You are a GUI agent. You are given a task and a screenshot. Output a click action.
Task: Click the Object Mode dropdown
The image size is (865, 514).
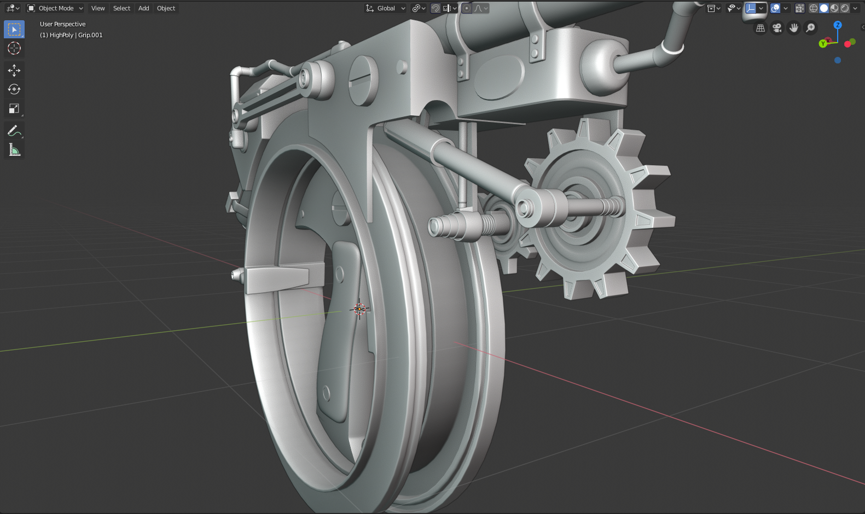[x=55, y=8]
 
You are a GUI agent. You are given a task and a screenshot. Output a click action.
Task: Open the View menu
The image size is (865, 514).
[x=98, y=8]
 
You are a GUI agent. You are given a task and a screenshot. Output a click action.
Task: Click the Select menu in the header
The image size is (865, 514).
[x=121, y=8]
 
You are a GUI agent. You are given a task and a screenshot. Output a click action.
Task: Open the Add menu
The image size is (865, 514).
[x=143, y=8]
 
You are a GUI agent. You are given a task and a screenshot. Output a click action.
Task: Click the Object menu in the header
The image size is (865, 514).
[x=166, y=8]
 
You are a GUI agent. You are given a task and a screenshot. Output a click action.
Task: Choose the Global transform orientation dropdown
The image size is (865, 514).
[x=386, y=8]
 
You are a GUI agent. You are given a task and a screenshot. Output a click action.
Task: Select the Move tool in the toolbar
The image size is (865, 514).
[x=14, y=70]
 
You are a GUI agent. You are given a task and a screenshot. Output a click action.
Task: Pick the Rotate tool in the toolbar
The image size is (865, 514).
[x=14, y=89]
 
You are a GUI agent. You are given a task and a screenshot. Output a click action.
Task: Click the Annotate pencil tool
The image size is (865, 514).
[x=14, y=131]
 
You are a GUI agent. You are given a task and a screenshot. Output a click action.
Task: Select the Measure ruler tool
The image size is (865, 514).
[x=14, y=150]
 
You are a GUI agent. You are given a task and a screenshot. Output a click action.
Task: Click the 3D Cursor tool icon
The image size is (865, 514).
[x=14, y=48]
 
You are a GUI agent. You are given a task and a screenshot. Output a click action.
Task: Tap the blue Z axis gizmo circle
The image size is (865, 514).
[x=837, y=25]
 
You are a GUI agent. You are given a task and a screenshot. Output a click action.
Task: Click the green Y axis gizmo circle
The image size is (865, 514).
[x=823, y=44]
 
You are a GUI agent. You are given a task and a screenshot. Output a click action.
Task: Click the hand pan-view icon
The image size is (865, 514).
[x=794, y=28]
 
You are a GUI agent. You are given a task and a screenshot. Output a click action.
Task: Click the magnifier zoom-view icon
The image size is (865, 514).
[x=810, y=28]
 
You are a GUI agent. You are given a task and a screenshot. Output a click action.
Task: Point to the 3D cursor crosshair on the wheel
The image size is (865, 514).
[x=359, y=309]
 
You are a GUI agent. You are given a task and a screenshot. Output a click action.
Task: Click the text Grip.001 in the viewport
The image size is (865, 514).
[x=90, y=35]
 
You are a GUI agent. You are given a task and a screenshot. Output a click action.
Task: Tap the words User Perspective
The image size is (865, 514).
[x=62, y=24]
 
